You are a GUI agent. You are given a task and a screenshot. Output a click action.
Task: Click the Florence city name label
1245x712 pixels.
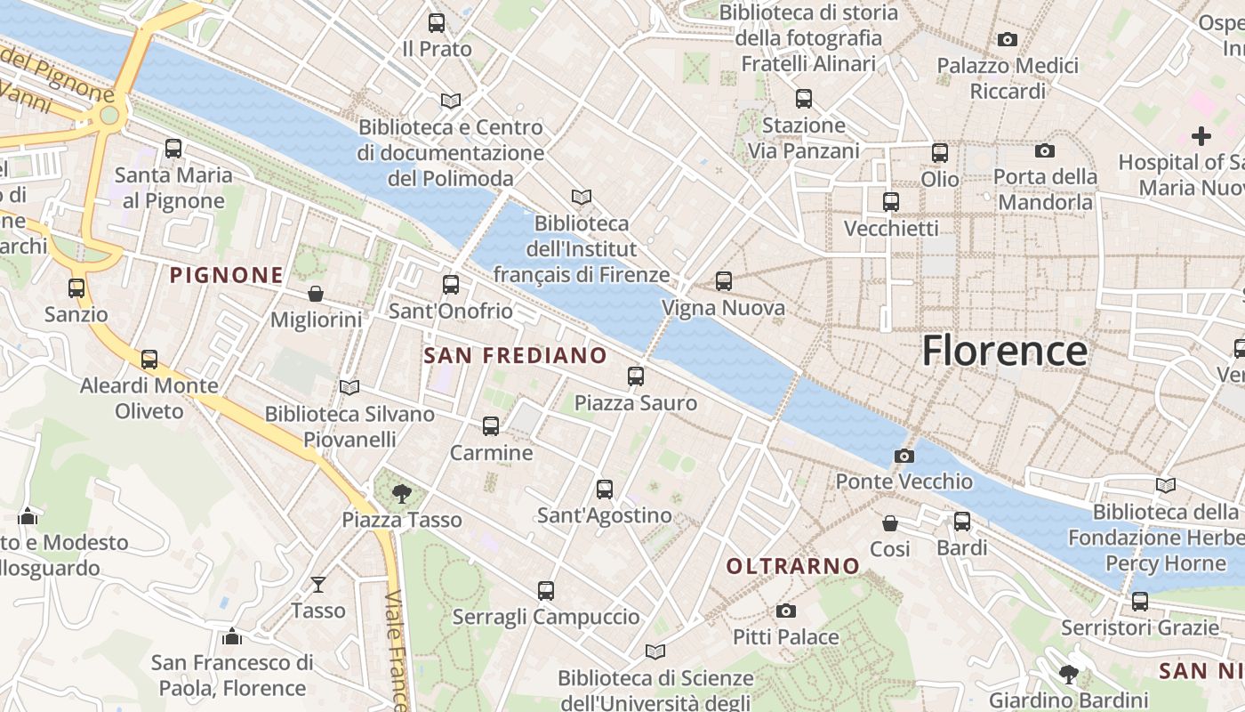1004,351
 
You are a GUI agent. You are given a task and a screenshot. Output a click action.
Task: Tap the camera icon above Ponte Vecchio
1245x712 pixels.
904,457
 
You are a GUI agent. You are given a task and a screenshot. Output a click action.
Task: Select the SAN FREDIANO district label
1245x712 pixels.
515,356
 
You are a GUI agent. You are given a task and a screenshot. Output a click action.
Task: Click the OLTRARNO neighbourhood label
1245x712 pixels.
793,566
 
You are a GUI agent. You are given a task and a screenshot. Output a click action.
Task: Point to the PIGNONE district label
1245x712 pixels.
227,275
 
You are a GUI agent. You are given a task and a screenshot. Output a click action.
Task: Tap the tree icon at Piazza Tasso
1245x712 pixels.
402,493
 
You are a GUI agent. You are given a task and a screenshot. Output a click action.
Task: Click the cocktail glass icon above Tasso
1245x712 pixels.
318,585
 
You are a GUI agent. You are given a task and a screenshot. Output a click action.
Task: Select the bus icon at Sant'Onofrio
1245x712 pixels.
451,285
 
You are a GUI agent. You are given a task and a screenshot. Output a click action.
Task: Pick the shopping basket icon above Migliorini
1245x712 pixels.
316,294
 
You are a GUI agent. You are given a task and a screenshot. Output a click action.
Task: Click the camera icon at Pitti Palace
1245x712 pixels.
785,611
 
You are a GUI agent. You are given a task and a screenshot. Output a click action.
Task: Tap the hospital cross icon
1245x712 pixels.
1201,136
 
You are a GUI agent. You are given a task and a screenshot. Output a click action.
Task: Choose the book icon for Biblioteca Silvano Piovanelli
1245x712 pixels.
349,388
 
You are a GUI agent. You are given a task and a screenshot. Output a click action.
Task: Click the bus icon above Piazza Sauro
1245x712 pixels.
636,376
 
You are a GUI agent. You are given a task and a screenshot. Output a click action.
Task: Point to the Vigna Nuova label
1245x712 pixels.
723,309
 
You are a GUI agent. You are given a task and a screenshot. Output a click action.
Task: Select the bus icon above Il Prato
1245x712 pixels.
437,23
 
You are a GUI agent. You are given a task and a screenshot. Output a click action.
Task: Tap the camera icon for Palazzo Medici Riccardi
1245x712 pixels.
1008,39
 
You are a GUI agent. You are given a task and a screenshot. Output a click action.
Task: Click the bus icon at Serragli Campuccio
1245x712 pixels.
546,590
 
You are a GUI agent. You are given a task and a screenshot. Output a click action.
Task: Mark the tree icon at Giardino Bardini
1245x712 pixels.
1069,674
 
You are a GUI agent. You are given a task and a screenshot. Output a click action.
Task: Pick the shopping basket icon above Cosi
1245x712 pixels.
890,523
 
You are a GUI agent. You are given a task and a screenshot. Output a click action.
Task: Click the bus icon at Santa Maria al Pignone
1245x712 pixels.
173,149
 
